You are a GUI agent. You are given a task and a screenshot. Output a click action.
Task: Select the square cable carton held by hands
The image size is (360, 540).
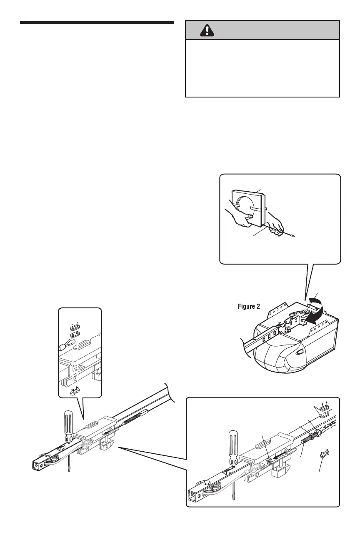[247, 207]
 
